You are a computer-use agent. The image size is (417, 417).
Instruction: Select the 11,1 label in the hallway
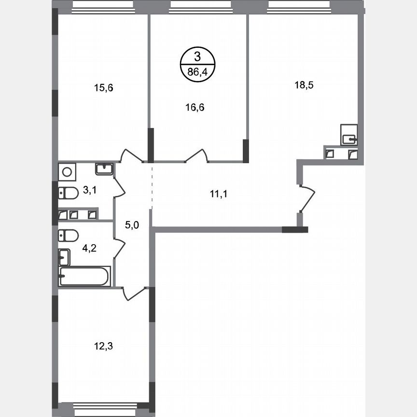218,194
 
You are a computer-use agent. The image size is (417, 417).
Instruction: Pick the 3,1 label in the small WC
89,190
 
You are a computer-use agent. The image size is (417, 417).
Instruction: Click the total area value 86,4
197,74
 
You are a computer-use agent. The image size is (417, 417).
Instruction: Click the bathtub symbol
84,276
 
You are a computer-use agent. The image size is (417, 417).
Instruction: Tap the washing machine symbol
66,171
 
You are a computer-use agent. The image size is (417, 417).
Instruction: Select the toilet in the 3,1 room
68,194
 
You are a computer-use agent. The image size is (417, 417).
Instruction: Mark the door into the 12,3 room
134,292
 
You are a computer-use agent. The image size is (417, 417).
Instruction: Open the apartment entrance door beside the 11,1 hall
307,198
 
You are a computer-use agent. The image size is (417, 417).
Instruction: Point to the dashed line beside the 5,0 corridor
152,188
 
